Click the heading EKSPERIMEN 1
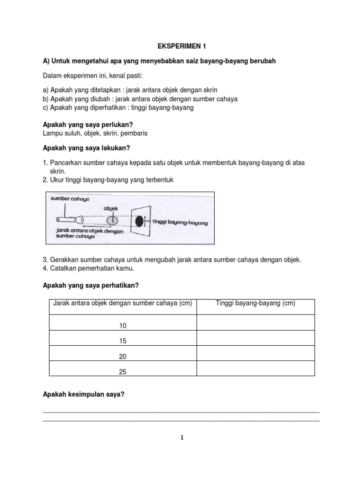point(182,46)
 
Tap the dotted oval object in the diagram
point(113,221)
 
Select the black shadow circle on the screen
point(139,221)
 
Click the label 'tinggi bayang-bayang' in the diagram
point(181,222)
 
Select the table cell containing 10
point(123,326)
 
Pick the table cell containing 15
point(123,341)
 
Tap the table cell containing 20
point(123,356)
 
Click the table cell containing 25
point(123,372)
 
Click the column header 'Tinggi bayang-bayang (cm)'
point(255,304)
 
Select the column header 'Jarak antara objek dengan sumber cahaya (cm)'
point(123,304)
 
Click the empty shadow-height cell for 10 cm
point(255,323)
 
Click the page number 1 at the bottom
point(182,438)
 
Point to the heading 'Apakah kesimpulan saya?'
point(83,393)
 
